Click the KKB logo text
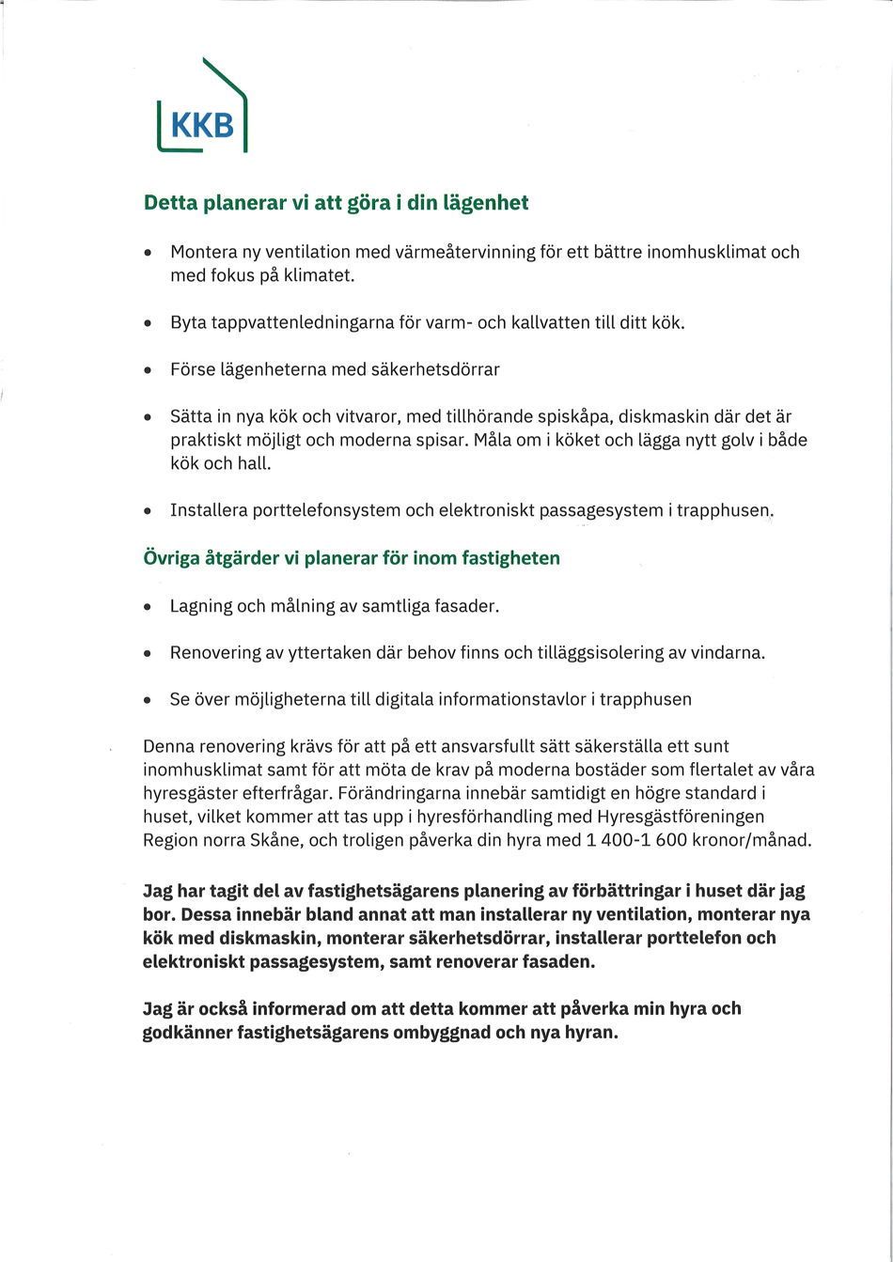pyautogui.click(x=202, y=125)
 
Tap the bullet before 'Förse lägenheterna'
pyautogui.click(x=149, y=370)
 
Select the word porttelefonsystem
pyautogui.click(x=323, y=511)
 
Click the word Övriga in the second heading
pyautogui.click(x=171, y=558)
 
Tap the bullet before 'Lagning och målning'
pyautogui.click(x=149, y=607)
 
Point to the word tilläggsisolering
pyautogui.click(x=600, y=652)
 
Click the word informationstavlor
pyautogui.click(x=510, y=699)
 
